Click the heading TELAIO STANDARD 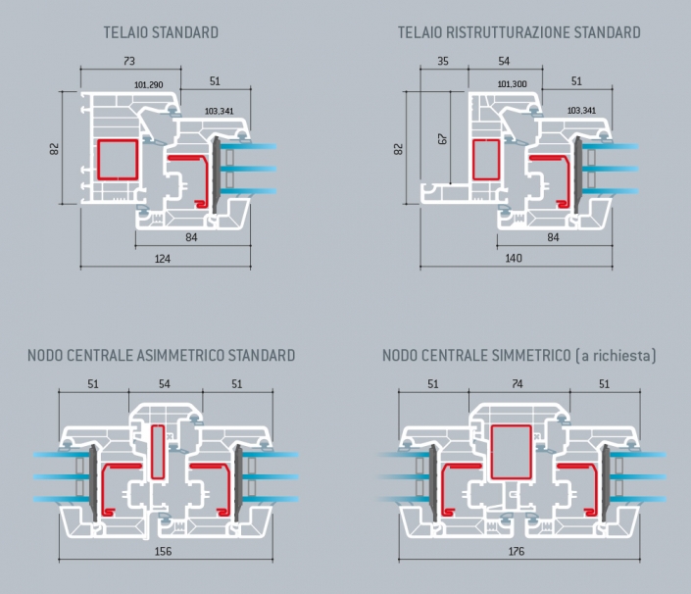(161, 32)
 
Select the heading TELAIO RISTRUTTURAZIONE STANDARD (519, 32)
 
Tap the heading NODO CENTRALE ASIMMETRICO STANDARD (162, 355)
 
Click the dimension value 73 (129, 61)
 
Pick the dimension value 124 (162, 259)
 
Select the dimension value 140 (514, 258)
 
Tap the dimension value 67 (443, 139)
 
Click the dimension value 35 (443, 61)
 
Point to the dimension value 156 (163, 551)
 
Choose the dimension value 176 (517, 551)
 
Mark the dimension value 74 (518, 384)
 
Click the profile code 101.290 (149, 84)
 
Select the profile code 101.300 (512, 83)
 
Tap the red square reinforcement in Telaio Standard (118, 160)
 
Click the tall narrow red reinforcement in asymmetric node (158, 452)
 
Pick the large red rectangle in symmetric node (512, 452)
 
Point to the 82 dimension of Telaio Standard (54, 149)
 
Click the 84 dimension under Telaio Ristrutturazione (553, 237)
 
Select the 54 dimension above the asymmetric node (165, 384)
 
